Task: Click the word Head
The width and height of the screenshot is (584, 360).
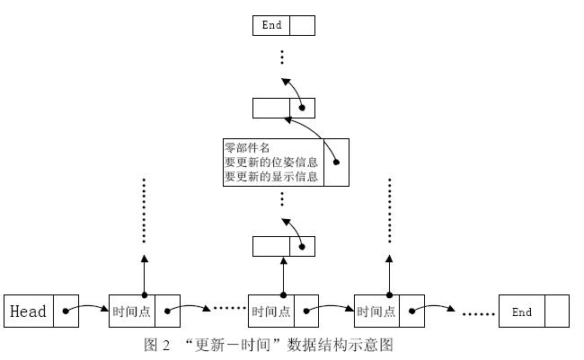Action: [28, 312]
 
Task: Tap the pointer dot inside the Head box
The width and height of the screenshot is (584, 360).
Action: [66, 312]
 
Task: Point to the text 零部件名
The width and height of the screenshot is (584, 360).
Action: [246, 147]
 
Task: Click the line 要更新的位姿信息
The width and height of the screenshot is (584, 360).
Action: [270, 162]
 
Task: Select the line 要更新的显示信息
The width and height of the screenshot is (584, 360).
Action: [270, 177]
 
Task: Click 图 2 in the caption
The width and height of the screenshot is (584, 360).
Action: [157, 345]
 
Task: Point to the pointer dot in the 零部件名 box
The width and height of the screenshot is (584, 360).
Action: [336, 162]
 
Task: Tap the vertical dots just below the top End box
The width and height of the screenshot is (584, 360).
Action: [282, 57]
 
